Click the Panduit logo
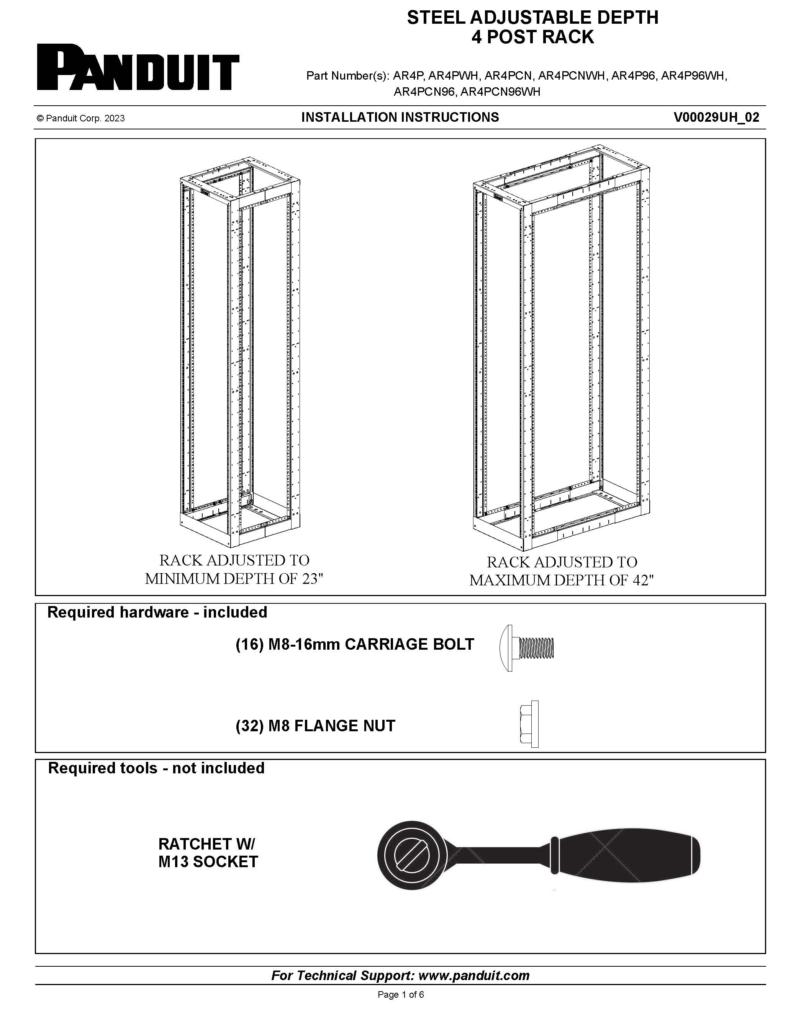138,67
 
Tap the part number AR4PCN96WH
500,92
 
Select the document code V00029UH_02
716,118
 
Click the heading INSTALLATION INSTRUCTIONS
400,118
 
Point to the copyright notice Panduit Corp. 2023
81,119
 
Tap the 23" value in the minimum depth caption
313,579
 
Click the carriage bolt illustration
527,648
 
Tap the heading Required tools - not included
156,768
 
